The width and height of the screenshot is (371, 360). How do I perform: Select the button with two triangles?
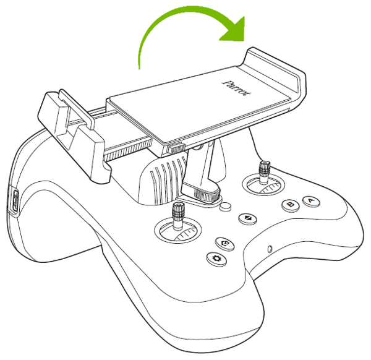pyautogui.click(x=247, y=218)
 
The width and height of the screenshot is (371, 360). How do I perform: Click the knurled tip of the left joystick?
pyautogui.click(x=178, y=210)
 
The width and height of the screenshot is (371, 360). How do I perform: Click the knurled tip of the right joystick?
pyautogui.click(x=265, y=167)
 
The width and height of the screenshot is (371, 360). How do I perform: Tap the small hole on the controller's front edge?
pyautogui.click(x=270, y=250)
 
